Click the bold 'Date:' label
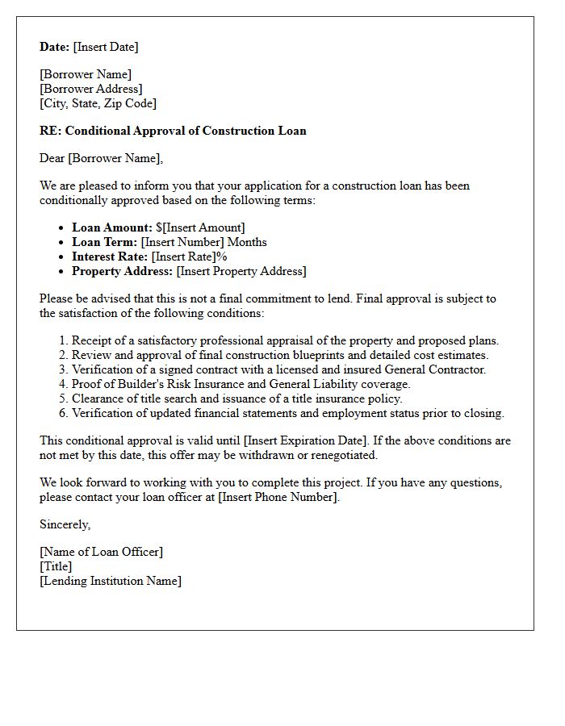click(x=55, y=48)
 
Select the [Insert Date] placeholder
click(x=106, y=48)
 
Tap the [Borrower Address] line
click(x=91, y=90)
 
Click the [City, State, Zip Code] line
click(x=98, y=103)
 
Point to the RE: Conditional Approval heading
click(x=173, y=131)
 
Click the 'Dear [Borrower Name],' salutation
click(x=101, y=158)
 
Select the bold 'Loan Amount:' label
click(x=111, y=227)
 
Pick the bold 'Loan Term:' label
click(x=104, y=242)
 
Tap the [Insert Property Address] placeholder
click(x=241, y=271)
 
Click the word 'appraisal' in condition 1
click(x=314, y=340)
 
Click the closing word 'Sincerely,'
click(x=65, y=524)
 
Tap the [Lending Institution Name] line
click(x=111, y=581)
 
